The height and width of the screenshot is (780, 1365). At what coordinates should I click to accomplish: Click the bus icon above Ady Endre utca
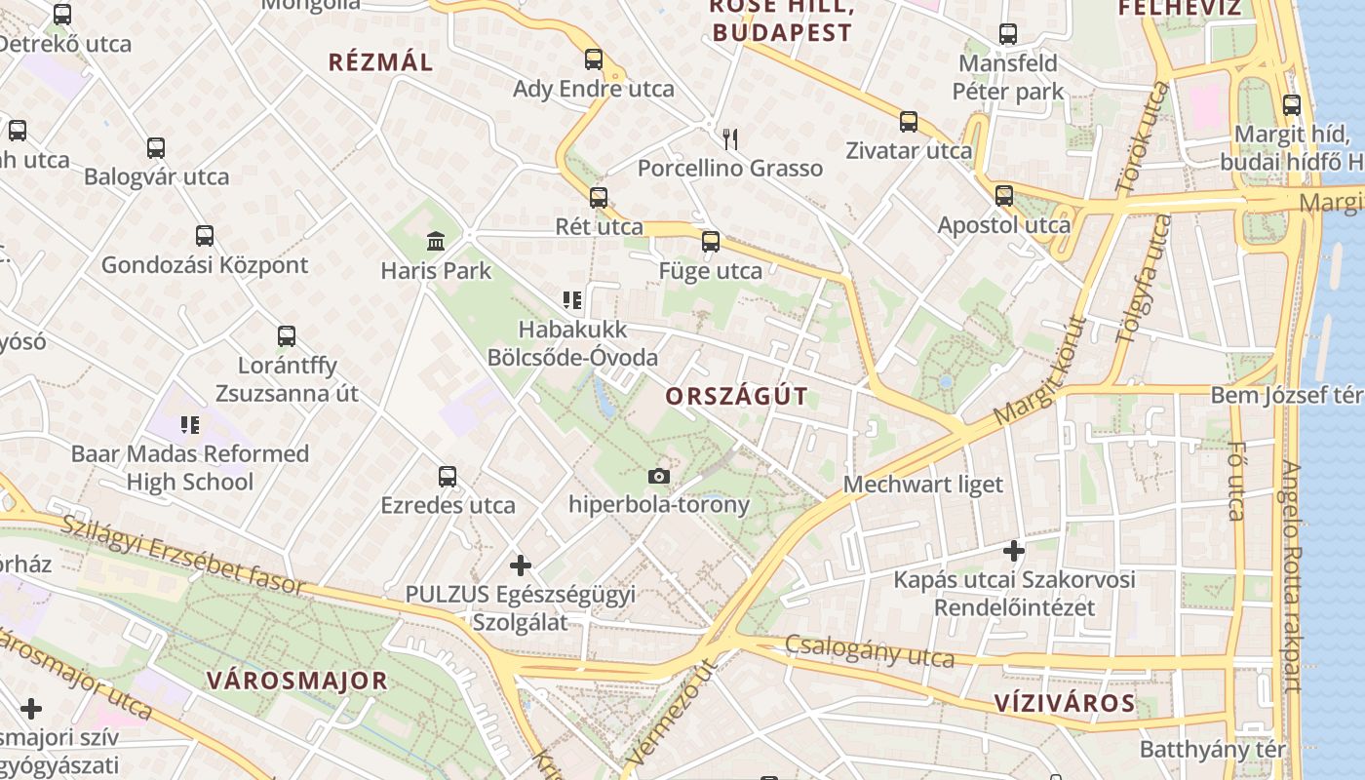click(593, 59)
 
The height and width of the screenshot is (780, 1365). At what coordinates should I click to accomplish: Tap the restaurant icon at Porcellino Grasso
click(729, 138)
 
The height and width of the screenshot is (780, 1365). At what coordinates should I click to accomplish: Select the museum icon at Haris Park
click(436, 241)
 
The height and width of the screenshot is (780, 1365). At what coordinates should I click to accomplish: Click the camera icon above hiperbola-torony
click(659, 476)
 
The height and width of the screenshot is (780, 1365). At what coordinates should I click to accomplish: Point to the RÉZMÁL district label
click(380, 62)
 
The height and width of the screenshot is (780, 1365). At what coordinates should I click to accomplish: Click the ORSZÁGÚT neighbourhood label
click(737, 396)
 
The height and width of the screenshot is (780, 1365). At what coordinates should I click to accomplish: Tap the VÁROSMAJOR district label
click(296, 681)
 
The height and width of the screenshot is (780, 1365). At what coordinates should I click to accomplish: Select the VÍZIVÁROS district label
click(1065, 703)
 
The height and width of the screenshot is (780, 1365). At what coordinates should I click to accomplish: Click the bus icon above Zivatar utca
click(909, 122)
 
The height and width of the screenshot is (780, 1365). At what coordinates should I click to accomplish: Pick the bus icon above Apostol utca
click(1004, 196)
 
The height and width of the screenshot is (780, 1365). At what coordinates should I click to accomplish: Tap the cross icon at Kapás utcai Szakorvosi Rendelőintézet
click(1014, 551)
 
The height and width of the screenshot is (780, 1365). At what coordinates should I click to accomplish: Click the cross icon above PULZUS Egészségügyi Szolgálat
click(521, 565)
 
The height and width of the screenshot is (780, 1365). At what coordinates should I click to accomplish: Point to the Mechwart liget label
click(922, 485)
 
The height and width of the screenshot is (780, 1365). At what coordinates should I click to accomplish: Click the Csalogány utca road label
click(870, 651)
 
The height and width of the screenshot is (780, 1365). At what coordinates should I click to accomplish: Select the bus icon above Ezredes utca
click(448, 477)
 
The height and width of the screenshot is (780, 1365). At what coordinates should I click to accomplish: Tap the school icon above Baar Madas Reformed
click(190, 425)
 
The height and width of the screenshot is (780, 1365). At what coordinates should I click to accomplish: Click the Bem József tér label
click(1285, 396)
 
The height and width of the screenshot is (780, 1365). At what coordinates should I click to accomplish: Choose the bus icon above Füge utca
click(711, 242)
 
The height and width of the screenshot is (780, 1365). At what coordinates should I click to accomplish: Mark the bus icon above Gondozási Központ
click(204, 236)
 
